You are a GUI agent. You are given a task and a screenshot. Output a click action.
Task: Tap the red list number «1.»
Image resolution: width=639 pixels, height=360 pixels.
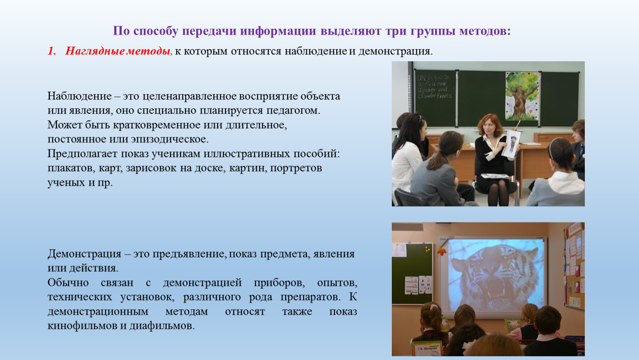pyautogui.click(x=52, y=51)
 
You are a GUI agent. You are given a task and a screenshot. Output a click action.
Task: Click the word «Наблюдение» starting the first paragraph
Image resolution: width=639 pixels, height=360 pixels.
pyautogui.click(x=79, y=96)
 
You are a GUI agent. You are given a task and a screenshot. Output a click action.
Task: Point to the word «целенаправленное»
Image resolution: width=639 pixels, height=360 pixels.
pyautogui.click(x=189, y=96)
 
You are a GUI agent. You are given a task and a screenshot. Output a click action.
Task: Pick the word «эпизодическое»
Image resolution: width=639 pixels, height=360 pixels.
pyautogui.click(x=170, y=140)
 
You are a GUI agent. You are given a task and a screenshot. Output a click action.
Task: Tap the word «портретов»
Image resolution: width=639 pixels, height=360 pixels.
pyautogui.click(x=296, y=168)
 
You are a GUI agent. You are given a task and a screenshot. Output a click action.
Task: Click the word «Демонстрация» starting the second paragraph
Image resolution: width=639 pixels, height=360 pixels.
pyautogui.click(x=85, y=254)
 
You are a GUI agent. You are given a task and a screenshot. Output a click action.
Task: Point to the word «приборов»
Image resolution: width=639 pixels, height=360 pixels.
pyautogui.click(x=279, y=283)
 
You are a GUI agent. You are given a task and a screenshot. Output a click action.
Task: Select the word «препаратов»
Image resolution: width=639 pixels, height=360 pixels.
pyautogui.click(x=311, y=297)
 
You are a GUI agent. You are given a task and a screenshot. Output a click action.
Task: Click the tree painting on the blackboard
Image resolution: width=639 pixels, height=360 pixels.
pyautogui.click(x=522, y=96)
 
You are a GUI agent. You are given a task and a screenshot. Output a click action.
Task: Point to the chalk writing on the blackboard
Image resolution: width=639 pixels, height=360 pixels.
pyautogui.click(x=434, y=86)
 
